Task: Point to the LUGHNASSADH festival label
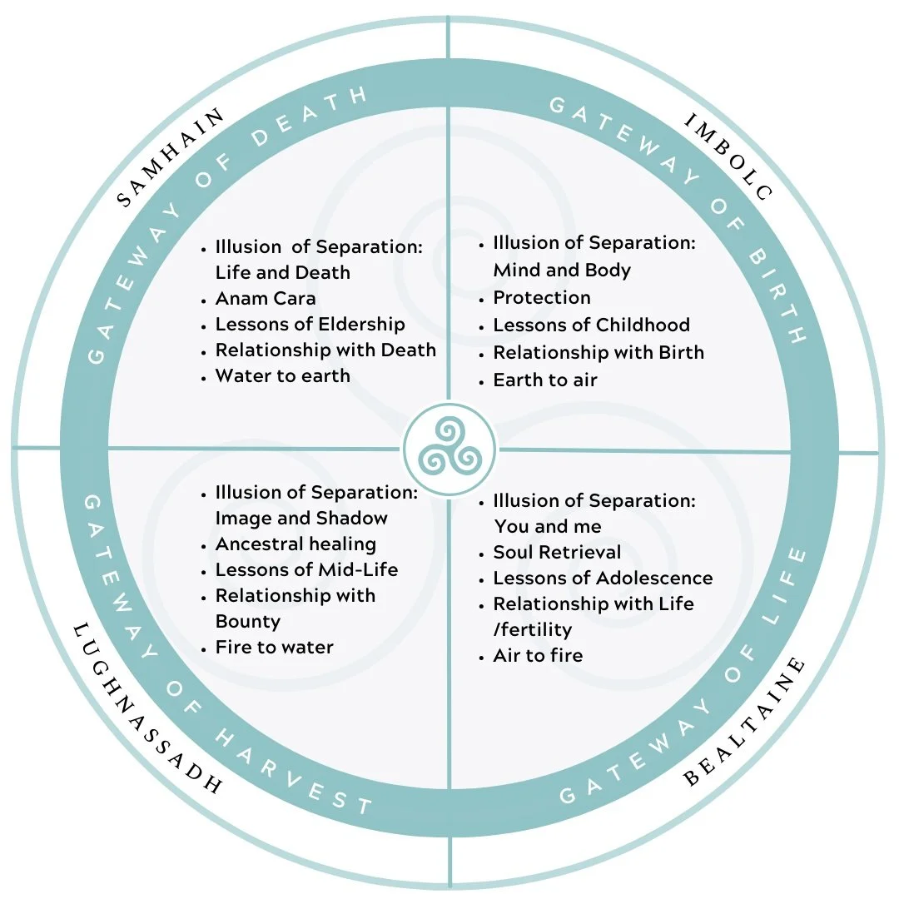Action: pyautogui.click(x=147, y=708)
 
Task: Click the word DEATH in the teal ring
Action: pyautogui.click(x=310, y=117)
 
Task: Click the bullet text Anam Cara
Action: pyautogui.click(x=266, y=298)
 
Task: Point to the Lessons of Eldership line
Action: pyautogui.click(x=310, y=324)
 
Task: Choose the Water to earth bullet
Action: pyautogui.click(x=283, y=375)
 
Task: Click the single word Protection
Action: pyautogui.click(x=542, y=297)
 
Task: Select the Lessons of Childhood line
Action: pyautogui.click(x=592, y=325)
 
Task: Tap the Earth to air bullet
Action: pyautogui.click(x=545, y=380)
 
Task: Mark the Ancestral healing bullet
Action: pyautogui.click(x=296, y=544)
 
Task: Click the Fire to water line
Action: pyautogui.click(x=274, y=648)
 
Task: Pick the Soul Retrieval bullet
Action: pyautogui.click(x=557, y=552)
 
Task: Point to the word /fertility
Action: pyautogui.click(x=533, y=629)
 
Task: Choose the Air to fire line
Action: pyautogui.click(x=538, y=655)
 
